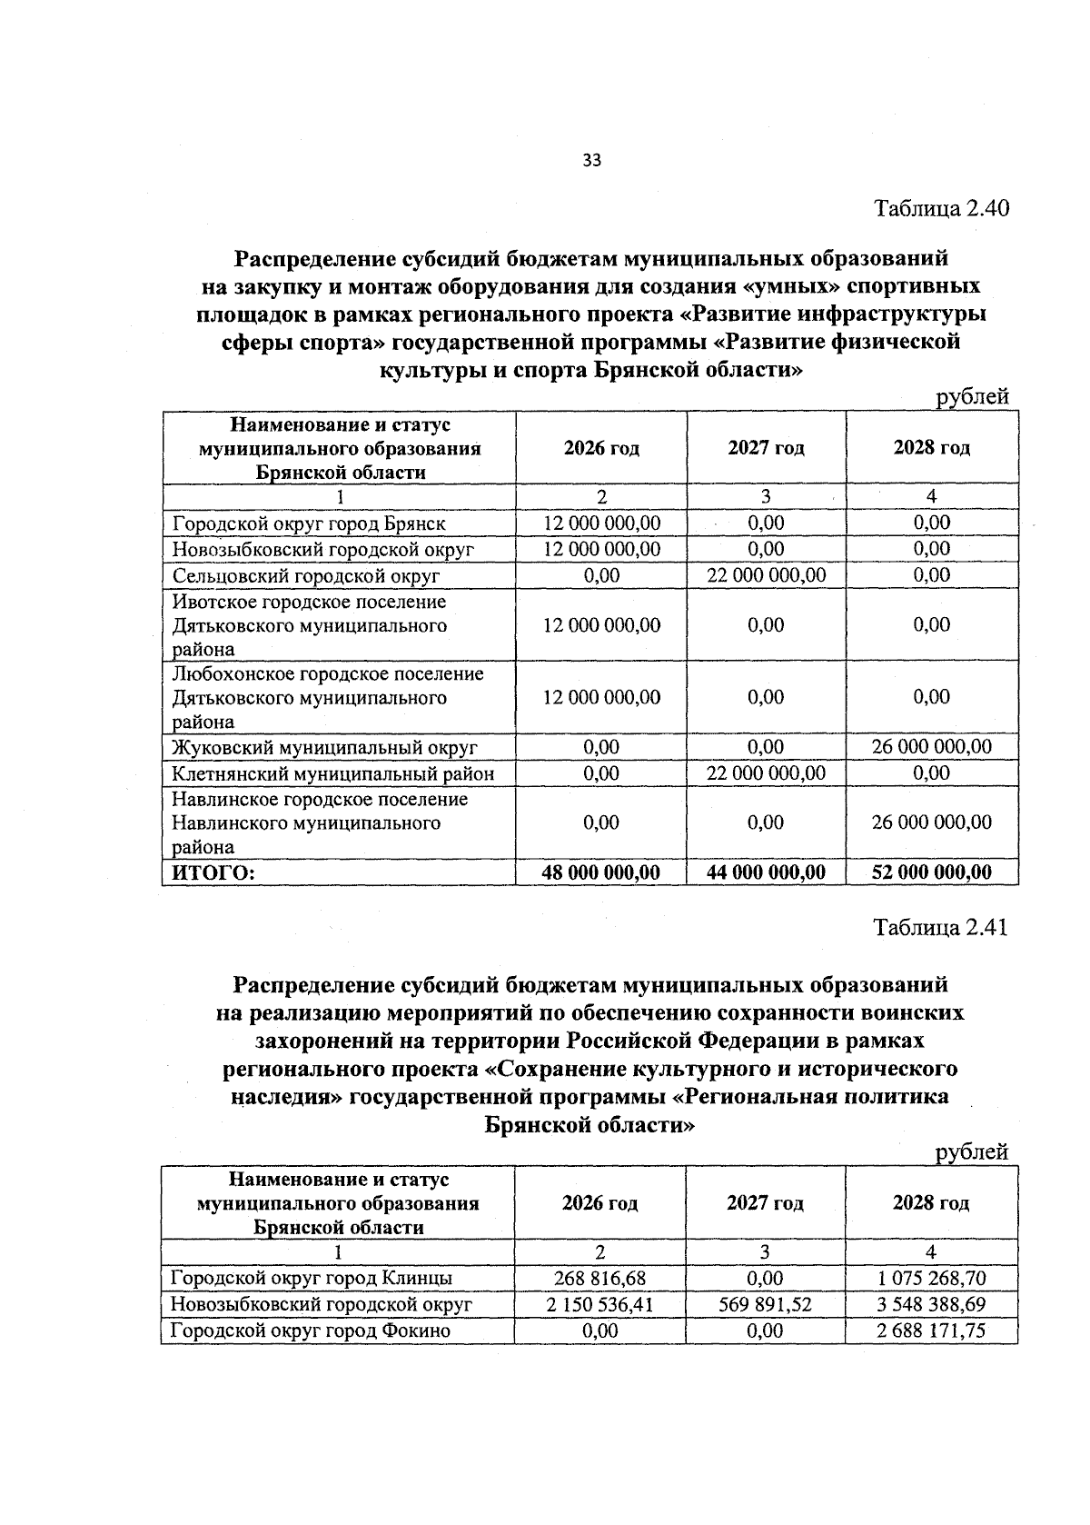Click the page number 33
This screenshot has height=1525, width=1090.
[x=591, y=161]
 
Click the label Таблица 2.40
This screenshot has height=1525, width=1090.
[x=941, y=208]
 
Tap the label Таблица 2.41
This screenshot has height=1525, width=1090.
[x=940, y=927]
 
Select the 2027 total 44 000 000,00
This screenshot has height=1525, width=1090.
[x=767, y=872]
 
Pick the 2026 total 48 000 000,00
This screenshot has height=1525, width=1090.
[x=601, y=872]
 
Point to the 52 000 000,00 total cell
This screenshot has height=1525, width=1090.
[x=932, y=872]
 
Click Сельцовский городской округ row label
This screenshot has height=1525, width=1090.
[x=306, y=575]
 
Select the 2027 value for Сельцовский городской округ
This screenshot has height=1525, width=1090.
[x=767, y=574]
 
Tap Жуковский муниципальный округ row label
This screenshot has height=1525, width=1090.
[x=324, y=748]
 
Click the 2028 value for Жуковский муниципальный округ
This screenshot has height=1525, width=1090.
[x=932, y=747]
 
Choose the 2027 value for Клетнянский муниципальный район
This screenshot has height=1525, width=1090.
[x=767, y=772]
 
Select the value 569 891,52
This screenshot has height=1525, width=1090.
[x=766, y=1304]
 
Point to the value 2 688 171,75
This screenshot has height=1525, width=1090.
[x=931, y=1331]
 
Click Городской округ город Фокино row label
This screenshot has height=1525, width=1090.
[x=311, y=1331]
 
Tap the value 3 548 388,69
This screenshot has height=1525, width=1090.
[x=931, y=1304]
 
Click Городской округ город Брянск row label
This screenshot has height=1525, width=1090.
[x=309, y=523]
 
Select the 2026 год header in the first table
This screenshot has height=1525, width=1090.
[x=601, y=448]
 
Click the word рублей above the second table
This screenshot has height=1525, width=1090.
[x=972, y=1151]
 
